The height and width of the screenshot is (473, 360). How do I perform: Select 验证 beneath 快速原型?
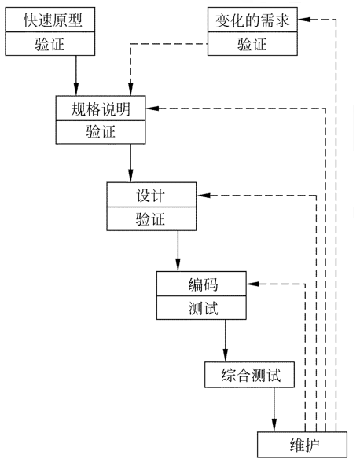coord(53,45)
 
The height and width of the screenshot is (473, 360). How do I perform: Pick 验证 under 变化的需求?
coord(253,45)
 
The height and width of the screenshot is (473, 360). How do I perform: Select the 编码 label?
coord(202,282)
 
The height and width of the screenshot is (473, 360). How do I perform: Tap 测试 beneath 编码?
coord(202,306)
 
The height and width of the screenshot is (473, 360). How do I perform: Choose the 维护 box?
coord(301,445)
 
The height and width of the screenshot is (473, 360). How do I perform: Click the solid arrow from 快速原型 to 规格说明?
coord(76,75)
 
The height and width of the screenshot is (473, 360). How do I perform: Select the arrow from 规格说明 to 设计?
coord(130,163)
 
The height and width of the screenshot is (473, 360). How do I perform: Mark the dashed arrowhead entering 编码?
coord(254,283)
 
